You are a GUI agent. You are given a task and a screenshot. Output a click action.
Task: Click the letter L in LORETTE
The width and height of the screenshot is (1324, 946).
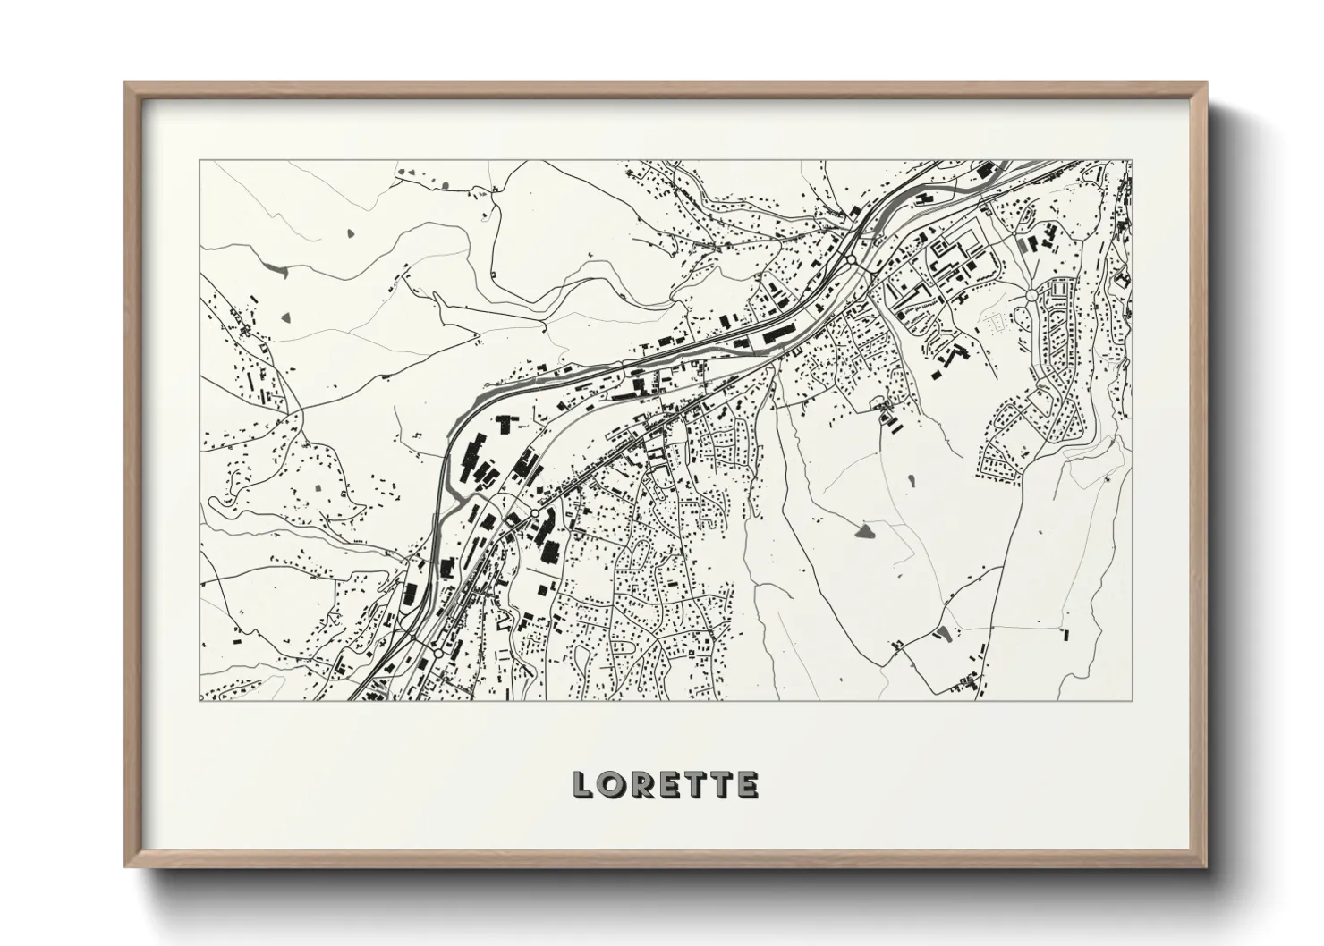(582, 785)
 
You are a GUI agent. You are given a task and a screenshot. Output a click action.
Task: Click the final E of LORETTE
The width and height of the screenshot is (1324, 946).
(748, 785)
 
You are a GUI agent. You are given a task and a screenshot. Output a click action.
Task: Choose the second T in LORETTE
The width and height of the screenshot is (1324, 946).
(721, 785)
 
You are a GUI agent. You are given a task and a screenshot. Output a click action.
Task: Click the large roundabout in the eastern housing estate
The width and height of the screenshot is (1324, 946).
(1031, 294)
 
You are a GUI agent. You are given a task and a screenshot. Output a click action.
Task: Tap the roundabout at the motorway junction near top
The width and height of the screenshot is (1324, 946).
(853, 260)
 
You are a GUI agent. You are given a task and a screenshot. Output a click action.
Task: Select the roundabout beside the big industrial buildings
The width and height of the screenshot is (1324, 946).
(534, 513)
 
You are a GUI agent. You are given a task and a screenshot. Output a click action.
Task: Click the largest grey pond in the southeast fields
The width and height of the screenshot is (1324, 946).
(865, 533)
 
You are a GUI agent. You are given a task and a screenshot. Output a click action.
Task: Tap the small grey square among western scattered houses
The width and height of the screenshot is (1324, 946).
(319, 489)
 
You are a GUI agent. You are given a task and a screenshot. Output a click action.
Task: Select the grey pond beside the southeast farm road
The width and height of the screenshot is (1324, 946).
(940, 634)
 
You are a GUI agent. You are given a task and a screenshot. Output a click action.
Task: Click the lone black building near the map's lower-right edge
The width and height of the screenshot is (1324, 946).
(1065, 636)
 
